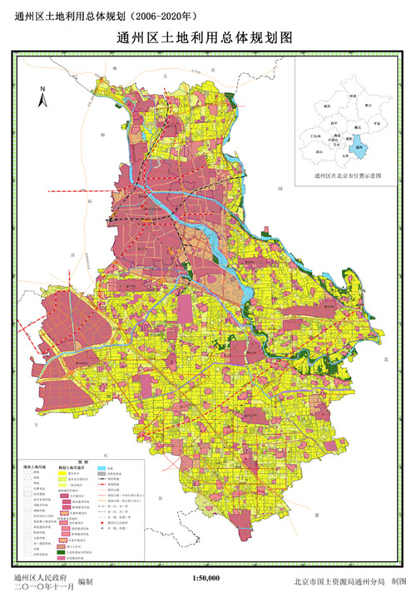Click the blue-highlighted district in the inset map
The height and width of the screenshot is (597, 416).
click(x=359, y=147)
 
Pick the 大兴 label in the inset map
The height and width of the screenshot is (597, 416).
click(x=344, y=155)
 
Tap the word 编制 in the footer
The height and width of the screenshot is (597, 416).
click(x=85, y=582)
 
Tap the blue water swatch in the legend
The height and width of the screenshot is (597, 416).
click(x=101, y=468)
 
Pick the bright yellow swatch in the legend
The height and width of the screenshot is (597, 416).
click(x=61, y=472)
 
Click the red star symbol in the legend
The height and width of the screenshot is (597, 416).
click(x=101, y=523)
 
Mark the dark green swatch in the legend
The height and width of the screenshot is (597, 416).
click(x=61, y=552)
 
